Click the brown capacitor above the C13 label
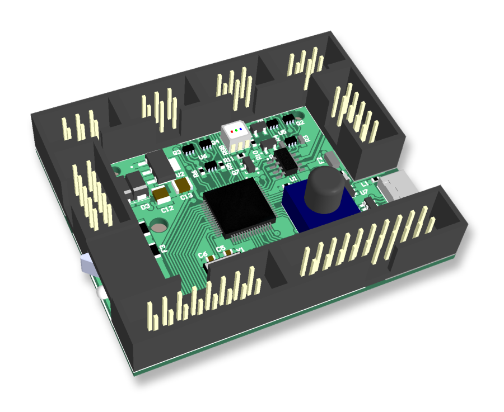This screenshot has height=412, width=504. point(181,186)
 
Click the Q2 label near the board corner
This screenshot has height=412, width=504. point(300,122)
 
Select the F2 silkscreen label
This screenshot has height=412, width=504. point(321,160)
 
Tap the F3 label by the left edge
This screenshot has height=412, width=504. point(163,247)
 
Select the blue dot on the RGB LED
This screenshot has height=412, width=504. point(240,129)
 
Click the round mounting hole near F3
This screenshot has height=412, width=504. point(159,226)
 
